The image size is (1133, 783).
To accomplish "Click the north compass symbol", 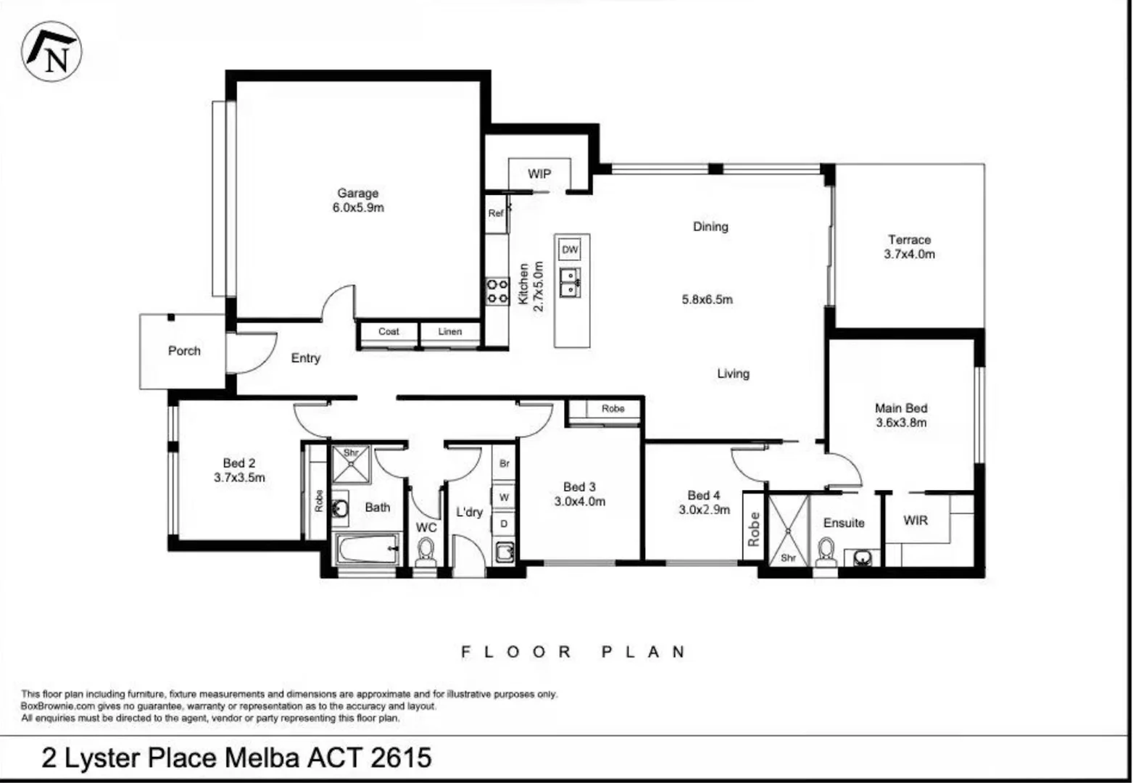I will point(51,51).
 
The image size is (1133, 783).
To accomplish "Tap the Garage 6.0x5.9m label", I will point(358,201).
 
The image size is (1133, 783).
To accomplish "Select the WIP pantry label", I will point(539,174).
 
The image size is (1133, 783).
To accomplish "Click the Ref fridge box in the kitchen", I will point(496,214).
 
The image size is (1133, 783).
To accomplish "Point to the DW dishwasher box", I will point(570,250).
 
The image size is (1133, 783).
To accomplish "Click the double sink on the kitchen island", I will point(571,283).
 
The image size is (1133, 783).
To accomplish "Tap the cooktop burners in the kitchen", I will point(497,291).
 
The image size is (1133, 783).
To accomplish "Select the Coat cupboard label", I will point(389,332).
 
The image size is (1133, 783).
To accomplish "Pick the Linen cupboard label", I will point(450,332).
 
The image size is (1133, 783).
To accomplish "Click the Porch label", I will point(184,351).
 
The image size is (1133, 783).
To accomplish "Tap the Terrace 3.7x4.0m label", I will point(909,246).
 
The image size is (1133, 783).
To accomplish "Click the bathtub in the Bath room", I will point(368,550).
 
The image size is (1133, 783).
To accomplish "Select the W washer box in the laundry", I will point(504,497).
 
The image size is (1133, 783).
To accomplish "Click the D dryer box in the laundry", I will point(504,523).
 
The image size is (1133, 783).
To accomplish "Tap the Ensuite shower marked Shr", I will point(788,529).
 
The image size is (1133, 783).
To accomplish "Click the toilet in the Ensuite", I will point(826,552).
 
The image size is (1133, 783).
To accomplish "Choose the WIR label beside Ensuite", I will point(916,521).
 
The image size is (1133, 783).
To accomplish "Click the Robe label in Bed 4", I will point(754,529).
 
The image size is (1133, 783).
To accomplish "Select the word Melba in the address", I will point(262,758).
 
